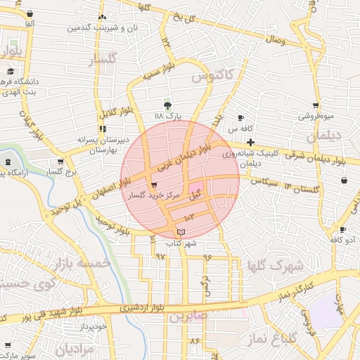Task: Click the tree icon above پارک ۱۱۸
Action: [167, 104]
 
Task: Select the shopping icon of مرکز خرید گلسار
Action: [154, 185]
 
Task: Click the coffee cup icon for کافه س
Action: [241, 118]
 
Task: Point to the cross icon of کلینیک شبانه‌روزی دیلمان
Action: [250, 142]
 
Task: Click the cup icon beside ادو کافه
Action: [342, 230]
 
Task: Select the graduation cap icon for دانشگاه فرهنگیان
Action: [11, 72]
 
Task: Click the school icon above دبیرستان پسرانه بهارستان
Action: [103, 129]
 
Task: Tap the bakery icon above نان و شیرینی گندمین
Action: [103, 17]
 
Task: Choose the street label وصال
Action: [275, 41]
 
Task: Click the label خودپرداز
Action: [93, 327]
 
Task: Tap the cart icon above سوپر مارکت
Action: [8, 345]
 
